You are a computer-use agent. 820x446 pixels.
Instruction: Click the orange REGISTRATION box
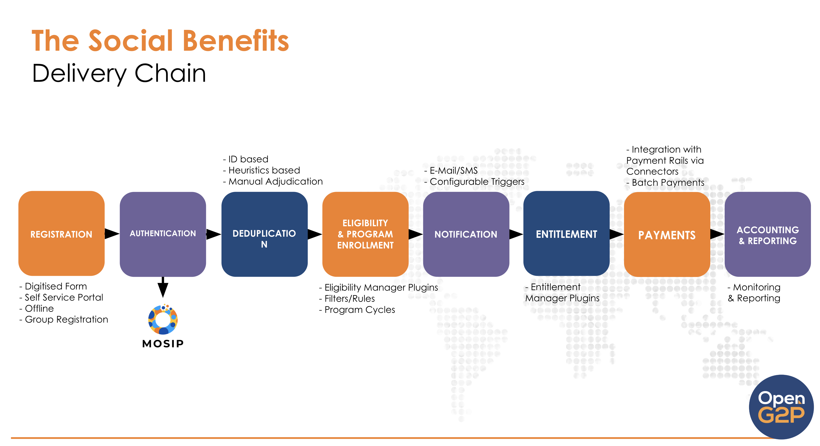pos(61,233)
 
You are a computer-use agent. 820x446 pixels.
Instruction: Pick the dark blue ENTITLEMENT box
pos(566,233)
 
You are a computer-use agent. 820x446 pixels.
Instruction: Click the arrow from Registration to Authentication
pos(112,234)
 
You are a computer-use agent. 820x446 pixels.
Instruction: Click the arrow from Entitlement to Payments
pos(617,234)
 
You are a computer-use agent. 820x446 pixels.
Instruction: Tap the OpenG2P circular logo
pos(781,407)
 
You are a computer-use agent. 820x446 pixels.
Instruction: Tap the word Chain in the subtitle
pos(170,73)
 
